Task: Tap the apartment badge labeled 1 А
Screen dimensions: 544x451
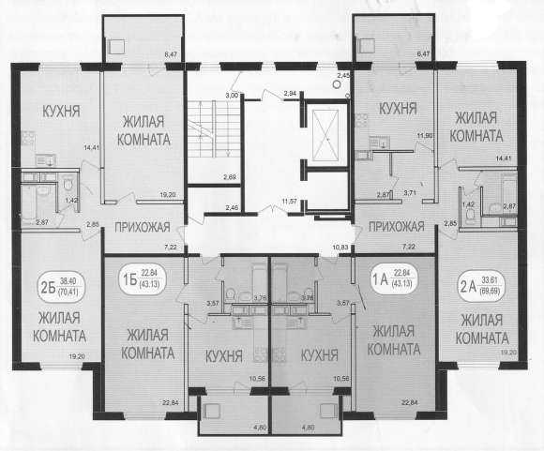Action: (395, 279)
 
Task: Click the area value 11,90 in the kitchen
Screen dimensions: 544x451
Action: (425, 136)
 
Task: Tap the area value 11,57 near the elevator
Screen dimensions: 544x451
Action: (289, 201)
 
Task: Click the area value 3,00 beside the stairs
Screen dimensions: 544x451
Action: (232, 96)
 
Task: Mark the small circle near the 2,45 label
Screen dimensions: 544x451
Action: (336, 83)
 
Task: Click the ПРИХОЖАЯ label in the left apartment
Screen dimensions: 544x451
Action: (143, 227)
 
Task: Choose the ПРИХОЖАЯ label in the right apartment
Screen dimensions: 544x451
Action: (396, 227)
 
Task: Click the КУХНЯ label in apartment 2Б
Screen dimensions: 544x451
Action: (61, 111)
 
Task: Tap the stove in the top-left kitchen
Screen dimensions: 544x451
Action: (28, 139)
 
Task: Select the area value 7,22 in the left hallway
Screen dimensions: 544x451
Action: (171, 247)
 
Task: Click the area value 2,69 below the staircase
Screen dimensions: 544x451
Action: (230, 177)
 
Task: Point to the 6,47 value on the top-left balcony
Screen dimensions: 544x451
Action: (171, 54)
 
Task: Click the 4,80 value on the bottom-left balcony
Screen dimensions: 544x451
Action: (260, 428)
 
